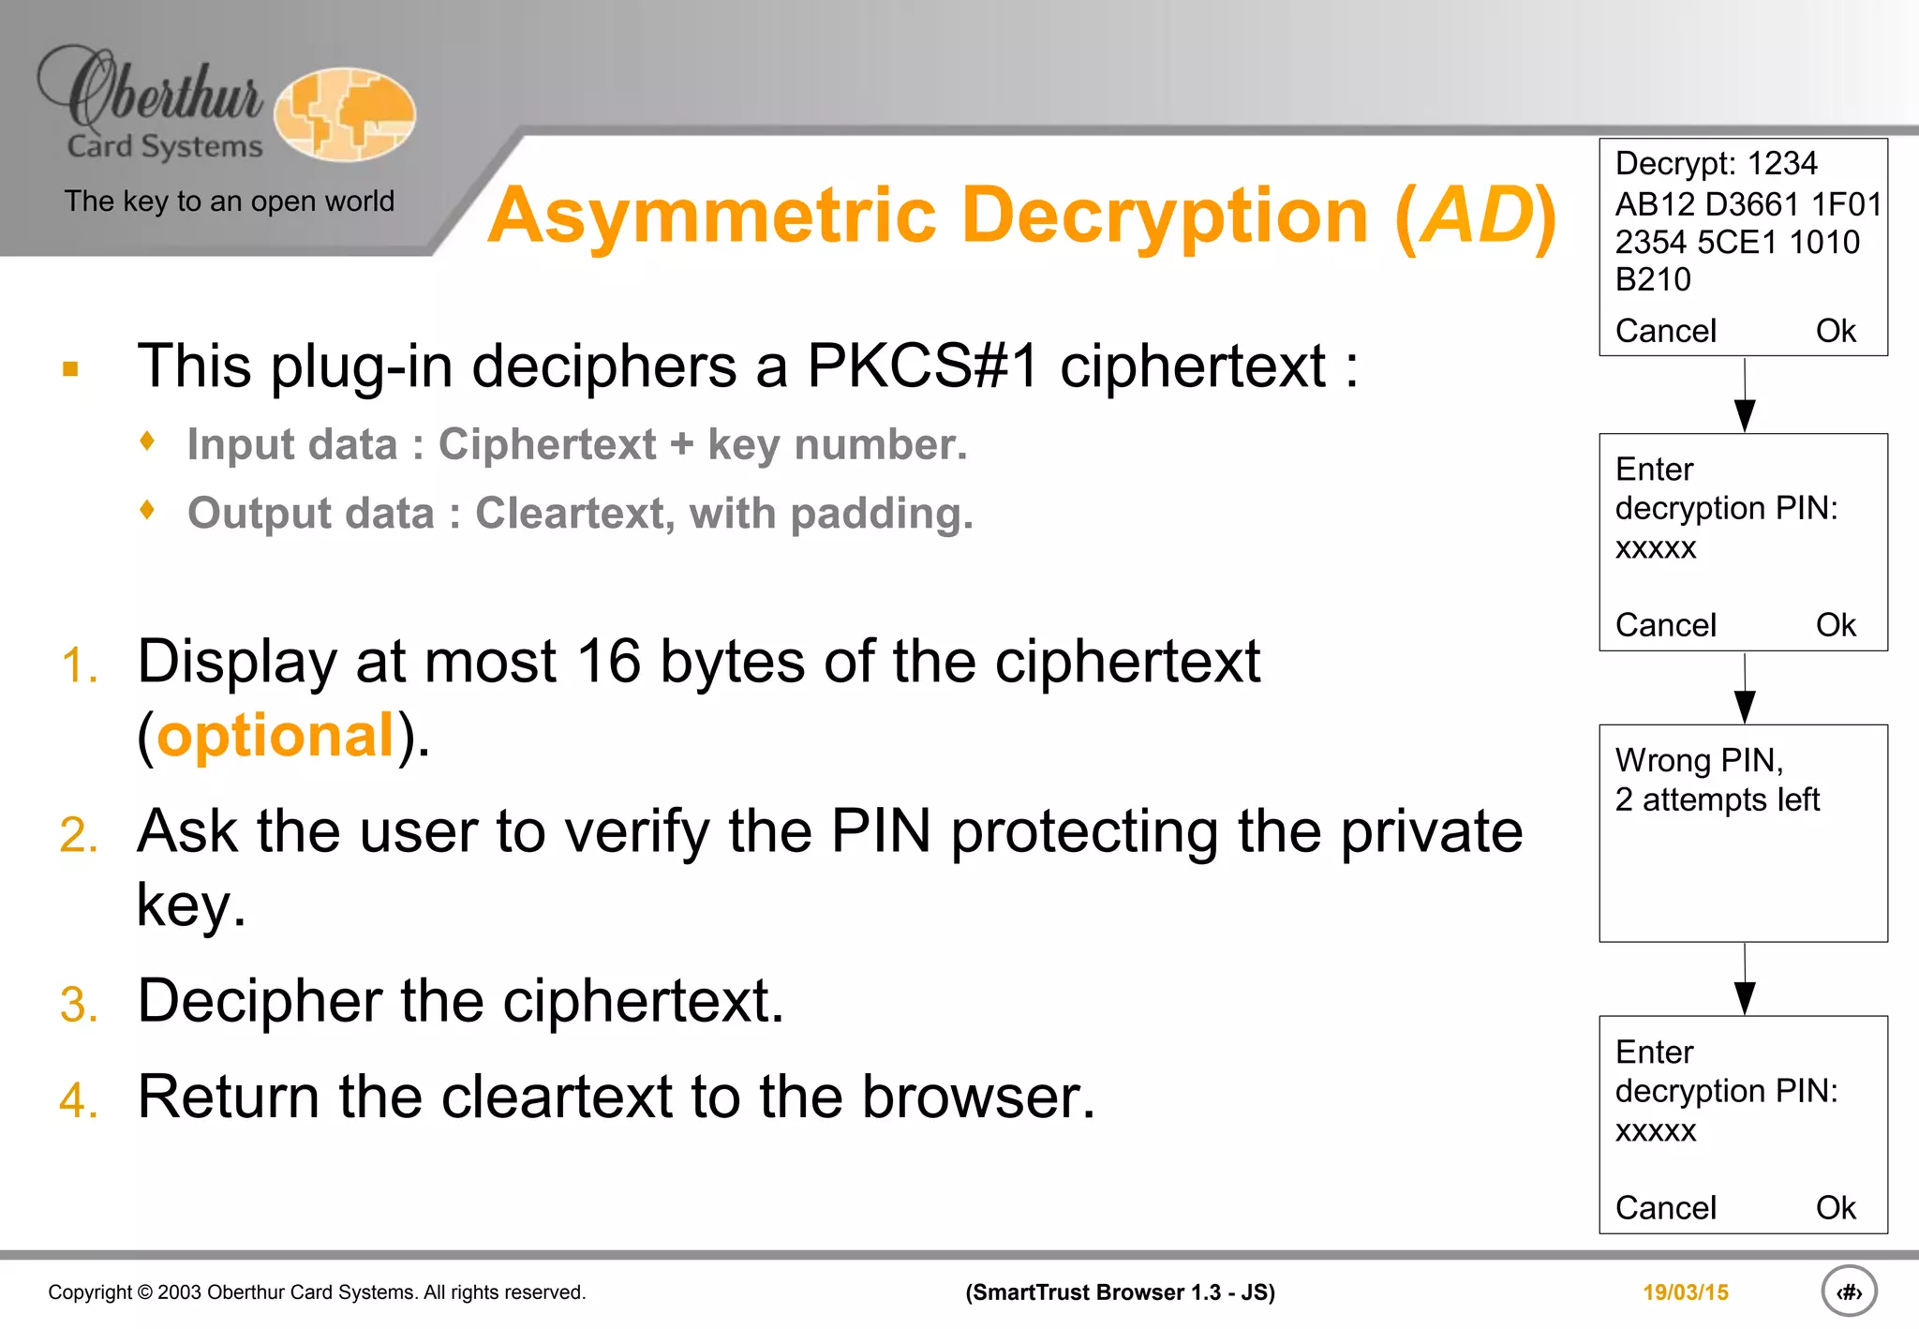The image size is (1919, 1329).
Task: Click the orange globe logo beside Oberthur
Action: pos(345,114)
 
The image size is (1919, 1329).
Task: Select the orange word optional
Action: pos(275,735)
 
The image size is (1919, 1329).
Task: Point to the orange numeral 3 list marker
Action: pos(79,1004)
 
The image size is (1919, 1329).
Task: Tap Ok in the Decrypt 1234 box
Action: pos(1835,331)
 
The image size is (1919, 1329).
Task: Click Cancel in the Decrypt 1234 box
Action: pos(1665,331)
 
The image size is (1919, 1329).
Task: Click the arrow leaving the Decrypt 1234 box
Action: pos(1744,397)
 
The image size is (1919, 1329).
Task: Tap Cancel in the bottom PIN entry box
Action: pos(1665,1208)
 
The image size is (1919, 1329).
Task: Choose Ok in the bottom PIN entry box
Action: pos(1835,1208)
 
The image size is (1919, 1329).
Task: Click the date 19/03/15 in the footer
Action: pos(1685,1292)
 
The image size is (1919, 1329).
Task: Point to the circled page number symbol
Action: pos(1849,1292)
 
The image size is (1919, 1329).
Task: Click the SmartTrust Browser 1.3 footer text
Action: pos(1120,1292)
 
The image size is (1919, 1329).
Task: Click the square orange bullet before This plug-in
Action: pos(70,368)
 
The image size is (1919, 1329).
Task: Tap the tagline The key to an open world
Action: pos(229,202)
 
